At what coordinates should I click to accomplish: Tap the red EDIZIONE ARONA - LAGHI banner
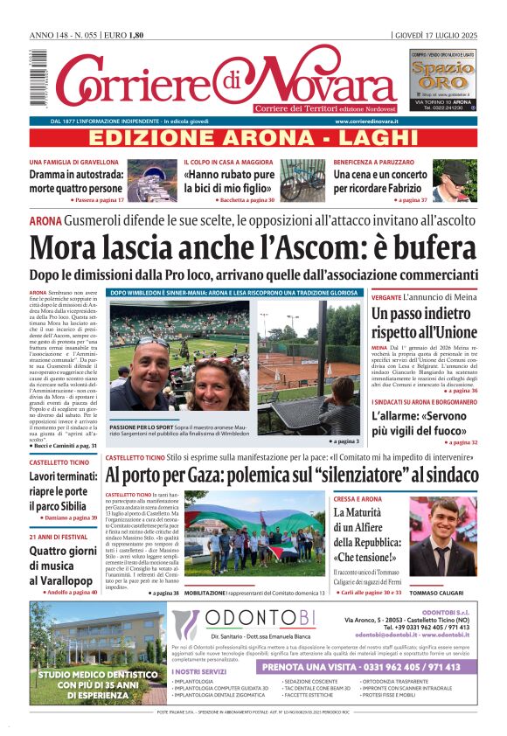coord(253,137)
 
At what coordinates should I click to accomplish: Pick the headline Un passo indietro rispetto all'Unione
coord(424,323)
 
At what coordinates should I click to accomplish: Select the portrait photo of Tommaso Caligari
coord(444,538)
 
